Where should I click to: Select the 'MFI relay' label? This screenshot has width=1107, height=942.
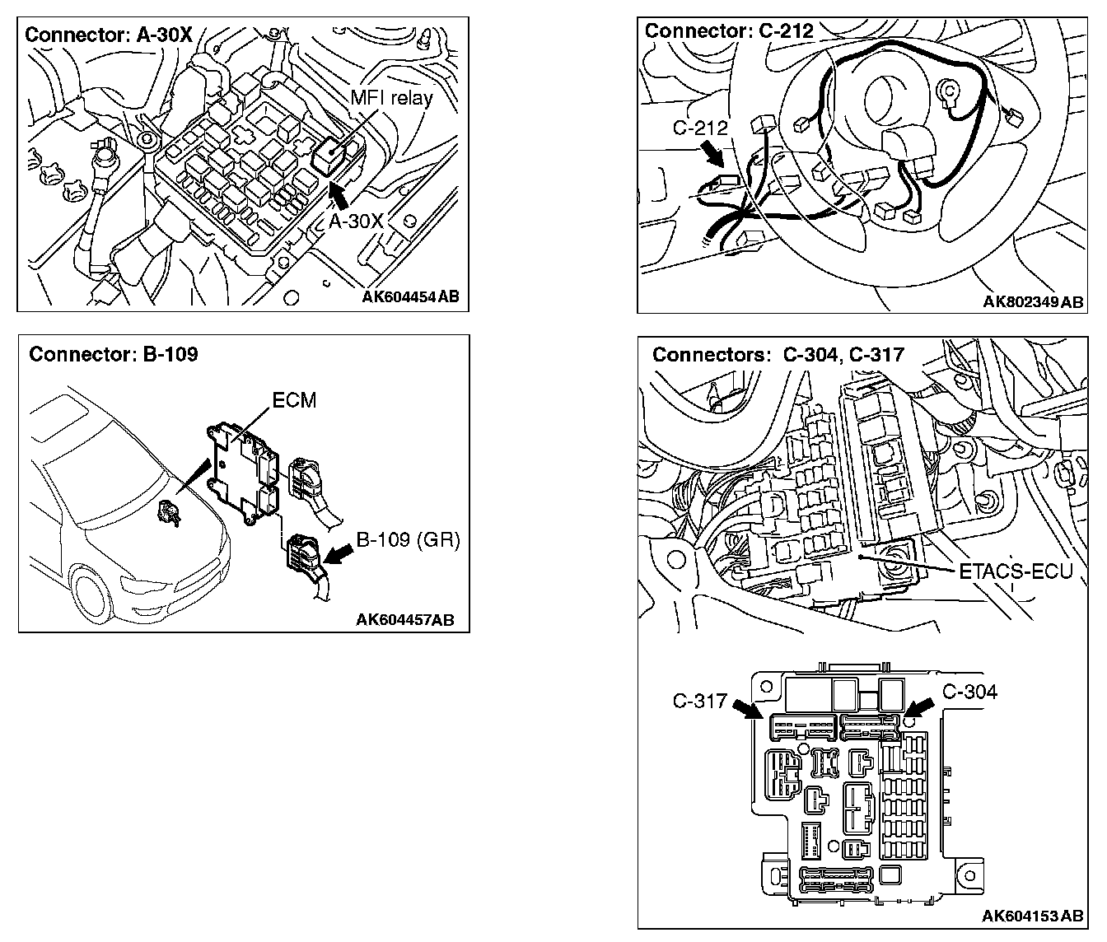(x=391, y=97)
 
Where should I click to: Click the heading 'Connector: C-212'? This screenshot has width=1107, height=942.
(x=729, y=31)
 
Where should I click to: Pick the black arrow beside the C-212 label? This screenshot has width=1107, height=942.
(x=710, y=154)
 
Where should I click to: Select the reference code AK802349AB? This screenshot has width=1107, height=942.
(x=1033, y=302)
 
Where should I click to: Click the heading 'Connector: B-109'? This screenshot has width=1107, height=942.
(x=113, y=354)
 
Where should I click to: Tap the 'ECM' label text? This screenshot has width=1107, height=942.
(x=294, y=401)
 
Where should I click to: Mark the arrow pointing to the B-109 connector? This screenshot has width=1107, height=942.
(x=336, y=555)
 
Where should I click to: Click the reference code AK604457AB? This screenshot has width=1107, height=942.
(x=404, y=620)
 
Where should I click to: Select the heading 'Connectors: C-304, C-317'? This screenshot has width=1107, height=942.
(x=778, y=355)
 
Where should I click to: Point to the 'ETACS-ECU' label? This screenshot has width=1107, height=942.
(x=1016, y=571)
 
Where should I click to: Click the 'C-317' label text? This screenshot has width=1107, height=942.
(x=699, y=701)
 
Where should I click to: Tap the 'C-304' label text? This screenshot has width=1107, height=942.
(x=969, y=692)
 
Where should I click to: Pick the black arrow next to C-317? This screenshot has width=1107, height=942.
(x=746, y=709)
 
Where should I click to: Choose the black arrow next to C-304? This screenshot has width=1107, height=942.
(x=919, y=706)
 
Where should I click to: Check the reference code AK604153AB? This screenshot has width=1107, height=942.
(x=1033, y=916)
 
